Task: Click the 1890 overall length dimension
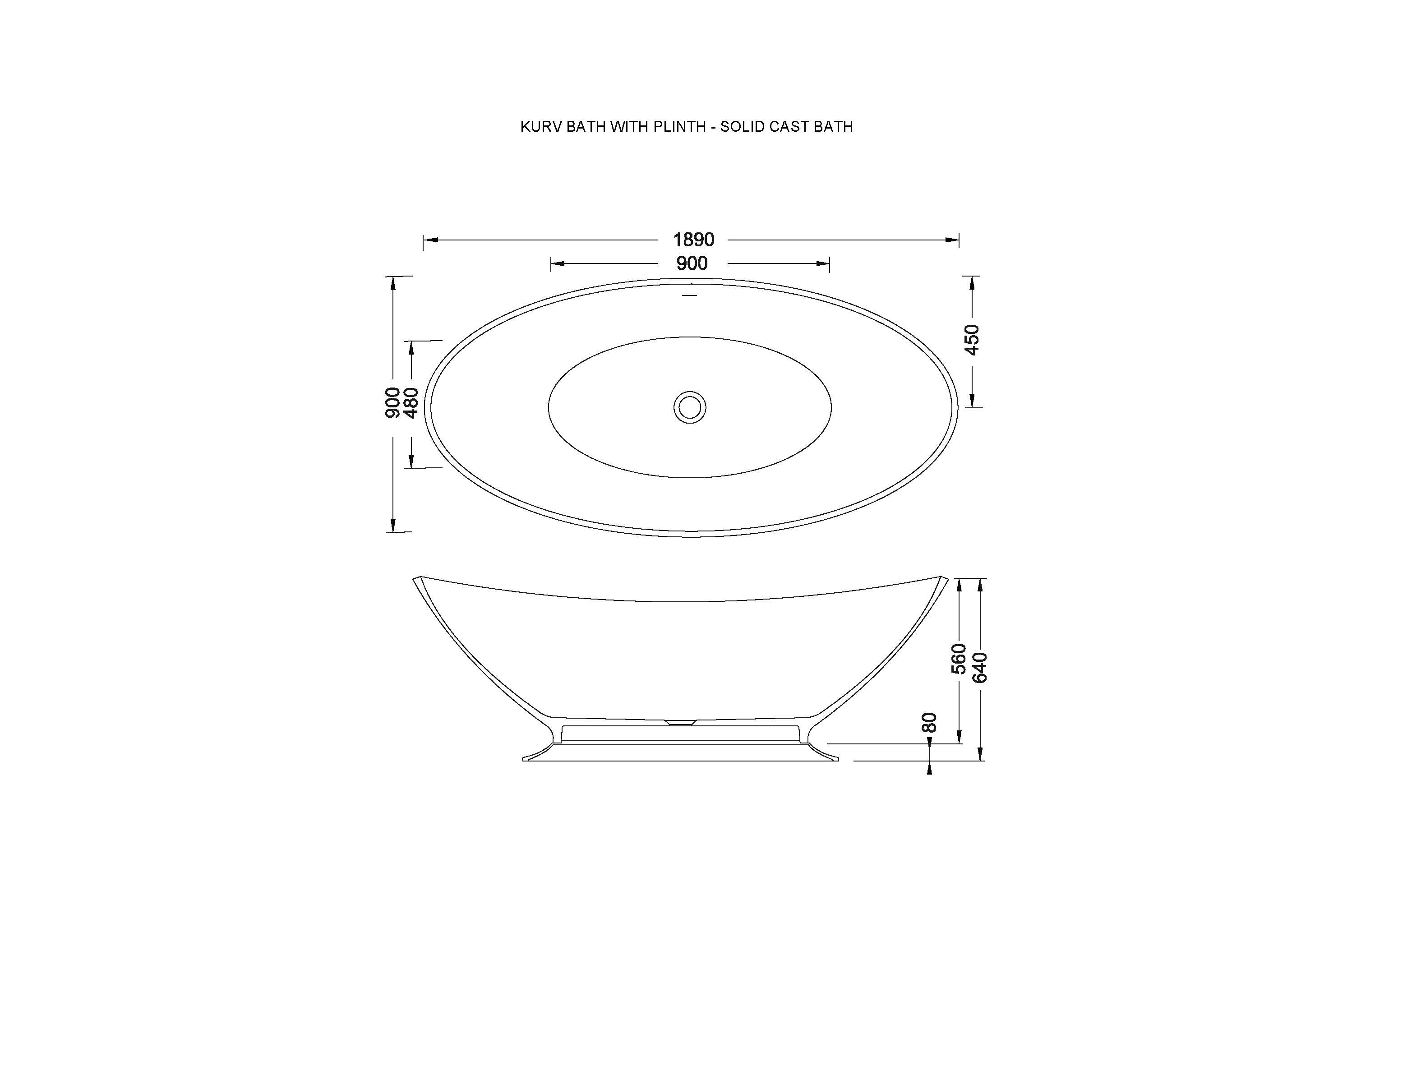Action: (x=693, y=240)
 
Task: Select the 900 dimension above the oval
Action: (x=692, y=263)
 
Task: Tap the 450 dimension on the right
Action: (x=972, y=340)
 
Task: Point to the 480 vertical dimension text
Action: (x=411, y=403)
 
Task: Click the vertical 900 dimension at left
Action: (x=392, y=403)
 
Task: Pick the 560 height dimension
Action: (x=959, y=659)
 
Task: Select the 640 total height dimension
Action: (x=980, y=667)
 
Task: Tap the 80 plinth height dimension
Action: (x=929, y=722)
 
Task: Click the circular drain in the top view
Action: (x=690, y=407)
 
